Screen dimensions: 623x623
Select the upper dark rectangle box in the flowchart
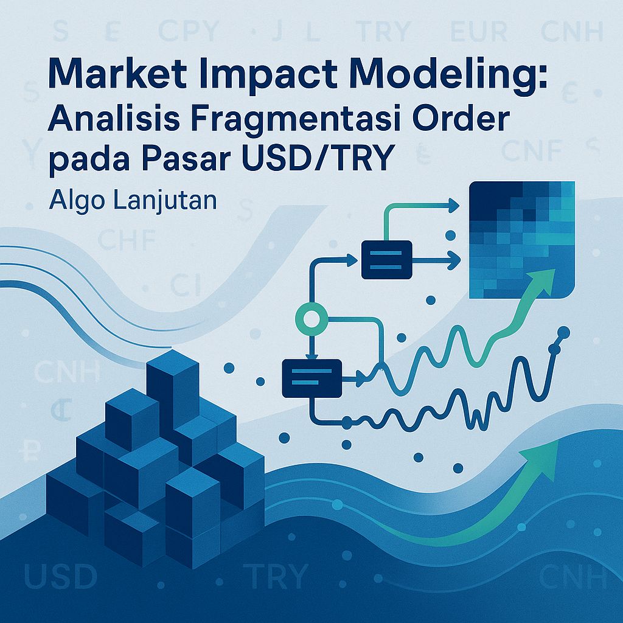(x=386, y=259)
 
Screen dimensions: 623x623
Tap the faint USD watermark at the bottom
(x=61, y=576)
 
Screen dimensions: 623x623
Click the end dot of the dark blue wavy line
(x=563, y=332)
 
